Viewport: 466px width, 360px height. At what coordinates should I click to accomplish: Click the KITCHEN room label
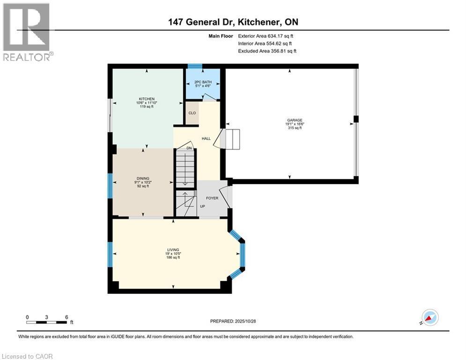tap(146, 99)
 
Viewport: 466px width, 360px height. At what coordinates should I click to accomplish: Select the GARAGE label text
tap(295, 120)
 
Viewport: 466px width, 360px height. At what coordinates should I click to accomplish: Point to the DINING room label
tap(143, 179)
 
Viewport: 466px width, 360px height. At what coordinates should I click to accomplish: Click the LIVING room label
tap(173, 250)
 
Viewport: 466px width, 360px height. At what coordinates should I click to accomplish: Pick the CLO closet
tap(192, 113)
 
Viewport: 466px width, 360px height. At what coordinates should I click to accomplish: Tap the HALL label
tap(206, 139)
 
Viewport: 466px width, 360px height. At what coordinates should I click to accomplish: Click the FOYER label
tap(212, 198)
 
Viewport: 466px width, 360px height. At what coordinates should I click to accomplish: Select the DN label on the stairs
tap(189, 148)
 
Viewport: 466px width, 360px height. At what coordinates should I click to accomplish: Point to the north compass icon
tap(429, 317)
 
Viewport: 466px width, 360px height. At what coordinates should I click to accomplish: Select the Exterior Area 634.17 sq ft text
tap(266, 36)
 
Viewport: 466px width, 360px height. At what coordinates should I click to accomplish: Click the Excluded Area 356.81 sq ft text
tap(267, 51)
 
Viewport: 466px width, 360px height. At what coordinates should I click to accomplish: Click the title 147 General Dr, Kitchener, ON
tap(233, 22)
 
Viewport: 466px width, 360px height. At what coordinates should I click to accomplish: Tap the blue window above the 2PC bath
tap(195, 66)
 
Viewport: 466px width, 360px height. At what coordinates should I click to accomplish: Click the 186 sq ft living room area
tap(173, 258)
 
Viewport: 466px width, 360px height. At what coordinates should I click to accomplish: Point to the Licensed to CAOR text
tap(28, 356)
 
